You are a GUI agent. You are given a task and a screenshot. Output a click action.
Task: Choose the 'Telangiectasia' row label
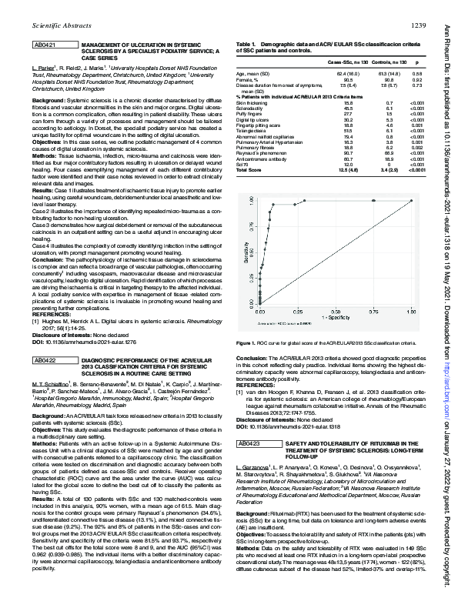click(250, 131)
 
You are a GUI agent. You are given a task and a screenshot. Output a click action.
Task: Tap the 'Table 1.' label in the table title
click(246, 44)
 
